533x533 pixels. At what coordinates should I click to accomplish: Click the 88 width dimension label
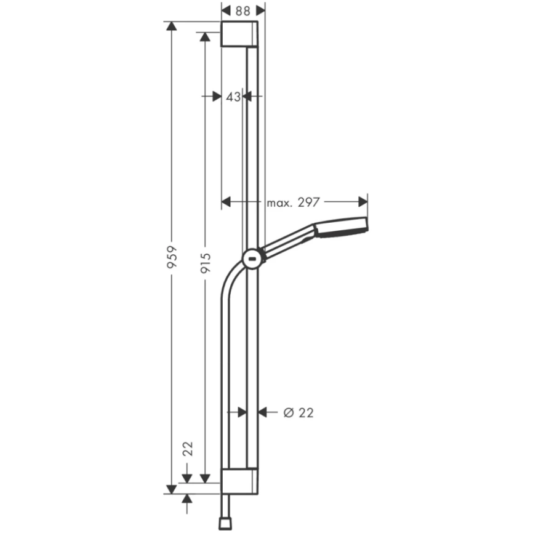click(243, 10)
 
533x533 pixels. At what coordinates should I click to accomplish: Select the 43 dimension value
click(233, 96)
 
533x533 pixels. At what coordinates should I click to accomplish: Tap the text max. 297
click(293, 202)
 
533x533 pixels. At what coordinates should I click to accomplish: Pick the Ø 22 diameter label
click(299, 413)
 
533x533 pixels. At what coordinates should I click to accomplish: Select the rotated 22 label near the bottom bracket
click(188, 447)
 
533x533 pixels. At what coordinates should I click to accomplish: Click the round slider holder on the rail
click(252, 258)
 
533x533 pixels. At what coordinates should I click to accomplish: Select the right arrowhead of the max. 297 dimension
click(363, 202)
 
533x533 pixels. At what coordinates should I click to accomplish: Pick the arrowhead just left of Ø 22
click(263, 413)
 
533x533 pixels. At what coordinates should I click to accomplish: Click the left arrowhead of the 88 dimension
click(226, 10)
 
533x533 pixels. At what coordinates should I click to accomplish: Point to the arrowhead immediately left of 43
click(215, 96)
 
